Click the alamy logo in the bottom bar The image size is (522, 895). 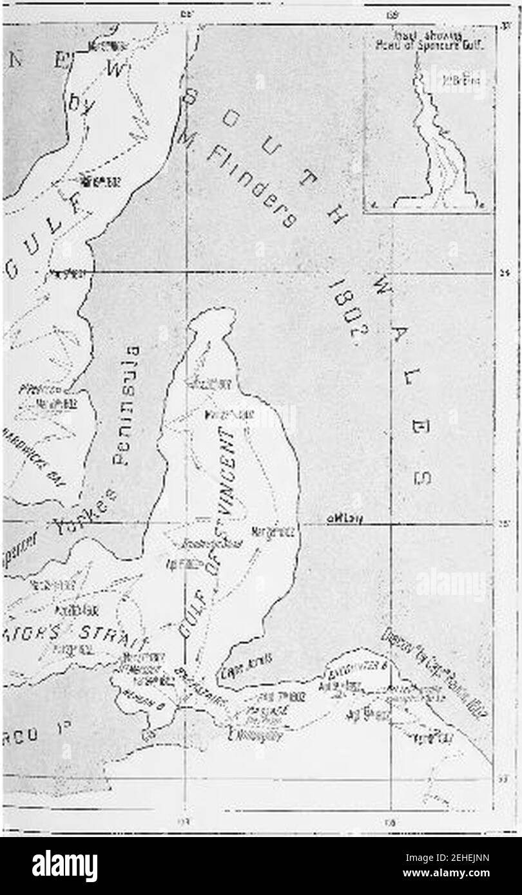pyautogui.click(x=64, y=865)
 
